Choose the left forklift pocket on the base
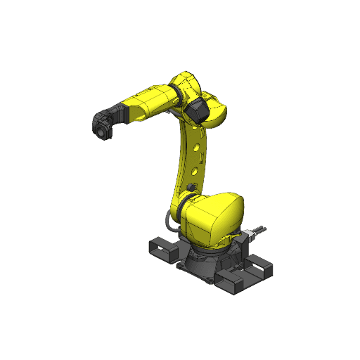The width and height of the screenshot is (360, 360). click(162, 249)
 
